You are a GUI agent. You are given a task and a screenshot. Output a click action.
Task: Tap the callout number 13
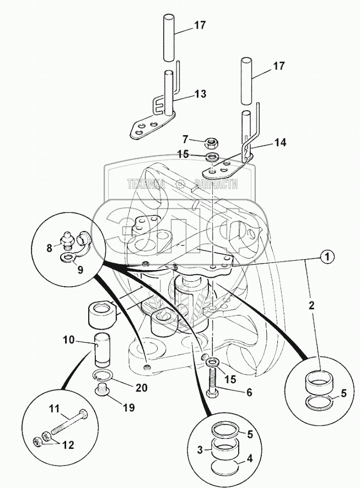200,94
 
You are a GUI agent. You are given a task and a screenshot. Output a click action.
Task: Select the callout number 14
280,142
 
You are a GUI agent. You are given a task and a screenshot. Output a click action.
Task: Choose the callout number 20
141,388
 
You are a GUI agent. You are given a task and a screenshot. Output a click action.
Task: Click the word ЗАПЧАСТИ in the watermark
215,185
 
